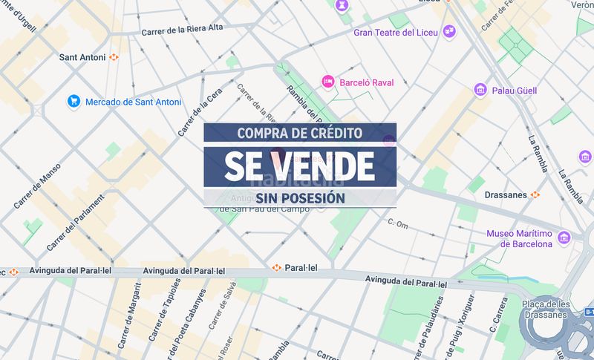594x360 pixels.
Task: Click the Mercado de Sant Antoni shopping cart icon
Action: point(74,101)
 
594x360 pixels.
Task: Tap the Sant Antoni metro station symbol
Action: point(114,56)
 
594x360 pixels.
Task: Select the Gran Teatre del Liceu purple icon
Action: point(448,31)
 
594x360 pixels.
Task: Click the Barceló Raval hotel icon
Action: point(327,81)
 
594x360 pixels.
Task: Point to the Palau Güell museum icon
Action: point(480,90)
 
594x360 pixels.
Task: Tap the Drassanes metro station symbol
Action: point(535,194)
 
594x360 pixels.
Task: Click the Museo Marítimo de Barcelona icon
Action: point(565,238)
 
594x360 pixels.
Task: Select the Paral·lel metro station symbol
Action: point(276,267)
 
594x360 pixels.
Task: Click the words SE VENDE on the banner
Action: point(300,166)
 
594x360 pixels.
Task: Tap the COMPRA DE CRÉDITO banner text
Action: point(300,133)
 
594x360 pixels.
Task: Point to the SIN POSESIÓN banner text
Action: point(301,198)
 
